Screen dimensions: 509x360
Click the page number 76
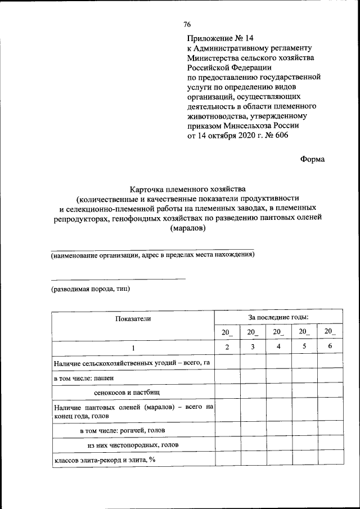(187, 25)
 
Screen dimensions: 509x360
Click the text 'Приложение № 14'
(220, 38)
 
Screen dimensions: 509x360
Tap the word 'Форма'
(313, 159)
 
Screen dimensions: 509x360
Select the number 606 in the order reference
(284, 136)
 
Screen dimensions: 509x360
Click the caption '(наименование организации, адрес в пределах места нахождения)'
(152, 255)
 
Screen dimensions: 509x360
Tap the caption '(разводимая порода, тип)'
(91, 289)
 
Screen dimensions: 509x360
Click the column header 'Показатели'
(133, 318)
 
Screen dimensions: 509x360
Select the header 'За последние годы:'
(278, 317)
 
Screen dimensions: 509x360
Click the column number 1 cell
(133, 347)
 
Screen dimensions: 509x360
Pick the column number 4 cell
(278, 346)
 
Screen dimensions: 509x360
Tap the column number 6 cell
(330, 346)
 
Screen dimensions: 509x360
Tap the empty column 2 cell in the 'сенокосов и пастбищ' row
(227, 391)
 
